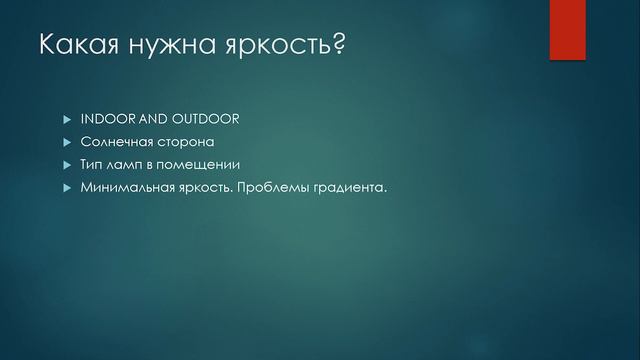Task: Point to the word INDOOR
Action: point(113,119)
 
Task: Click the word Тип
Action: point(93,164)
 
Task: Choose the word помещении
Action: point(203,164)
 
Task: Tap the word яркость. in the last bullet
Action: point(210,187)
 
